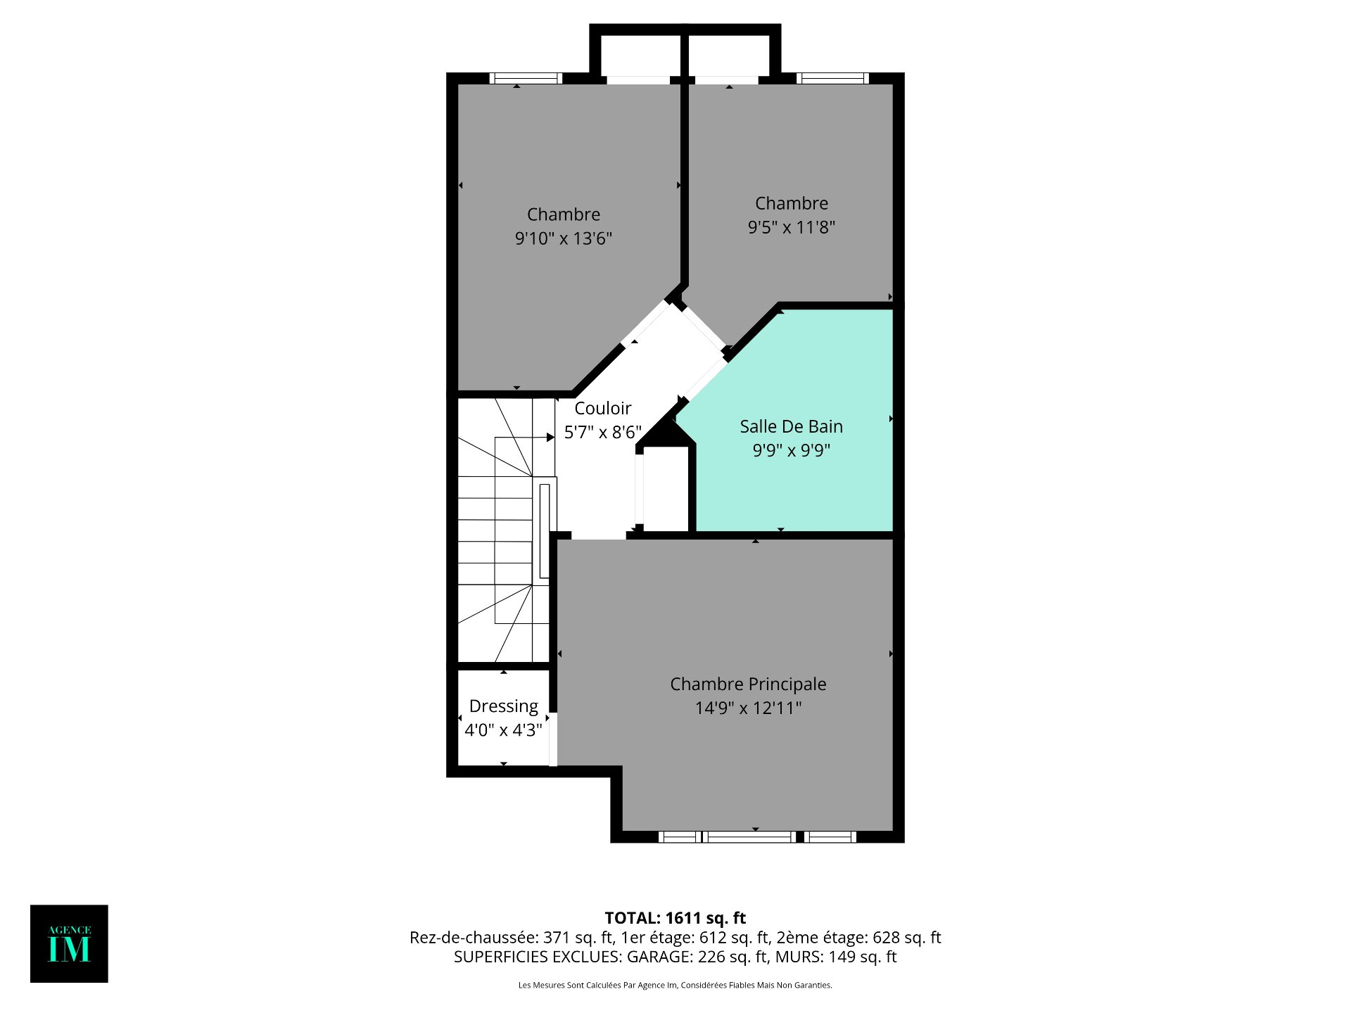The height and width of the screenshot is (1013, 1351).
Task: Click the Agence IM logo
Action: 69,943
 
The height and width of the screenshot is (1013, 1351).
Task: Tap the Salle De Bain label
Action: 791,426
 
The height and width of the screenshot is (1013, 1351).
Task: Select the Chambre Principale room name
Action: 748,684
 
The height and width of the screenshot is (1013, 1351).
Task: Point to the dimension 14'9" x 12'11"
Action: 748,708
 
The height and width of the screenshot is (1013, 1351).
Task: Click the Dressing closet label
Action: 504,706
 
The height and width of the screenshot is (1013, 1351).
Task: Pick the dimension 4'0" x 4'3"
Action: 504,730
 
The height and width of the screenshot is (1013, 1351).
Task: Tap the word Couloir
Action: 603,408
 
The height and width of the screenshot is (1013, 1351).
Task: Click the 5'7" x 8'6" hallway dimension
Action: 603,432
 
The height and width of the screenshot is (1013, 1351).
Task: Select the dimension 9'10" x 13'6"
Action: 564,238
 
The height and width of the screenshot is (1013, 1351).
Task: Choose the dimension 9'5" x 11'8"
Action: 792,227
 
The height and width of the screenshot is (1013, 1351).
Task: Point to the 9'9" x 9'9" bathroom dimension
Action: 792,450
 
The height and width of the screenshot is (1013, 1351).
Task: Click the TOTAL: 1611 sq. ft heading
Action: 675,918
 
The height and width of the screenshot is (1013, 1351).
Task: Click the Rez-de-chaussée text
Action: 474,938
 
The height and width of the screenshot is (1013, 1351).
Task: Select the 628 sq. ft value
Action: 907,938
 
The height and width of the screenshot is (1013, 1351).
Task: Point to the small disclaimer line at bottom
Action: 675,986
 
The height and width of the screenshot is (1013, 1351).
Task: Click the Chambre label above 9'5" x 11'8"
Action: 792,203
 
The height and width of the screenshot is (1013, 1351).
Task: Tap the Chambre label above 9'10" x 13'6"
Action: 564,215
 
